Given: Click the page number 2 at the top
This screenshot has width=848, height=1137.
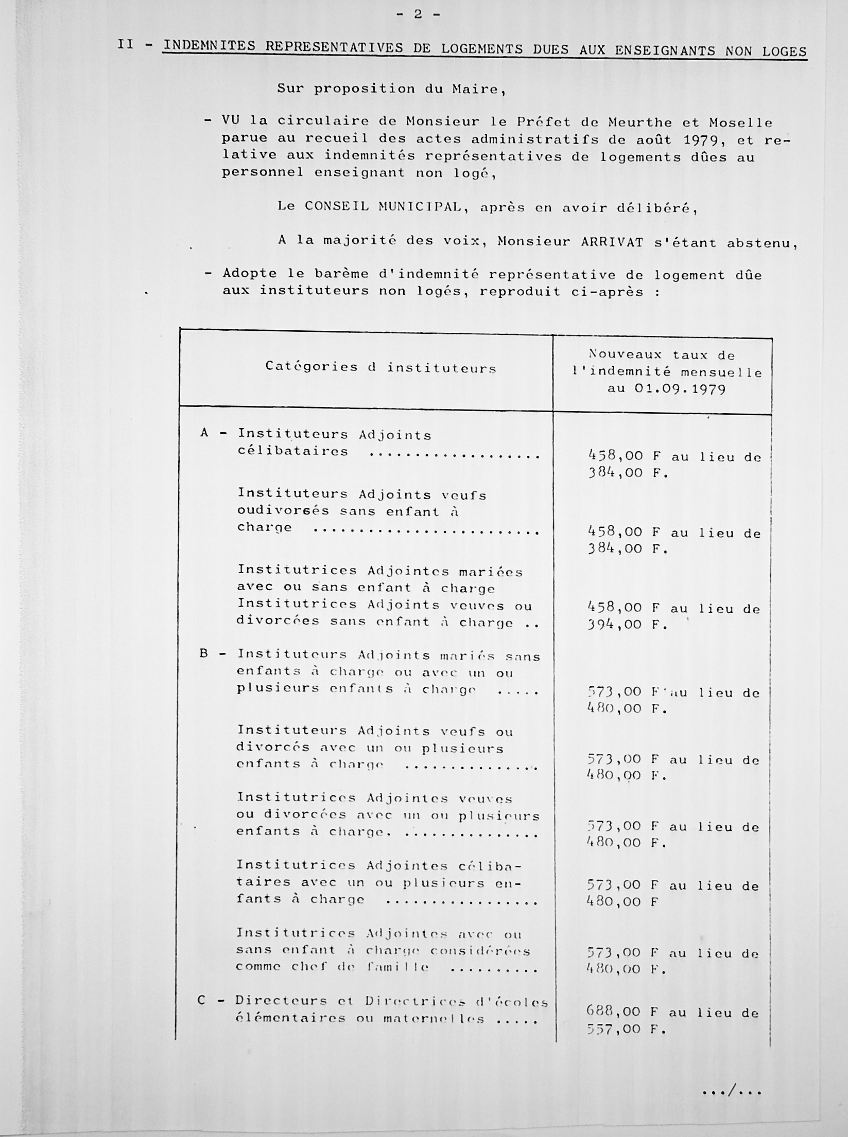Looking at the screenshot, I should [x=418, y=15].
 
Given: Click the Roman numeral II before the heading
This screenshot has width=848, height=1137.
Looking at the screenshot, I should [x=125, y=44].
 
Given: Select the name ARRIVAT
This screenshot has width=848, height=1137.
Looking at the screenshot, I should [x=612, y=242].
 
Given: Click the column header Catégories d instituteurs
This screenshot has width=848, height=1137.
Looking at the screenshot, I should [x=380, y=367].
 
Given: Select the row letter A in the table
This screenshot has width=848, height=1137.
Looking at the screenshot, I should [x=204, y=433].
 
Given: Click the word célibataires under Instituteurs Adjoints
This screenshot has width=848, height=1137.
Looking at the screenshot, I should [x=292, y=452].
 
